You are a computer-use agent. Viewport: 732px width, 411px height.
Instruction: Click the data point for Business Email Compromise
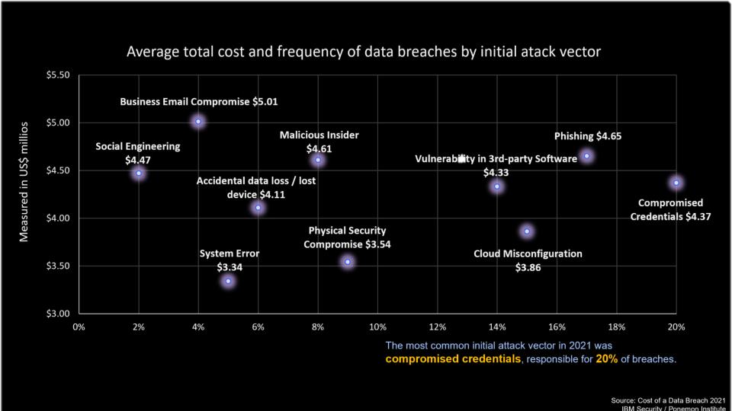198,122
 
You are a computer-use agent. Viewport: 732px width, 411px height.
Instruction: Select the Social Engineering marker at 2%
138,174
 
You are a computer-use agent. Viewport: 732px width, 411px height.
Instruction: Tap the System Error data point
228,282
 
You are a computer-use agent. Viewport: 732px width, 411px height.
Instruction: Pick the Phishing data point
586,156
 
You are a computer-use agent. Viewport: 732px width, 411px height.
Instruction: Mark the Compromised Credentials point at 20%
676,183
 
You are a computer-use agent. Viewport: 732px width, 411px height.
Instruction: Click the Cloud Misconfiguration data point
527,231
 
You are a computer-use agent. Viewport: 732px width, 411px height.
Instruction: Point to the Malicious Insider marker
318,160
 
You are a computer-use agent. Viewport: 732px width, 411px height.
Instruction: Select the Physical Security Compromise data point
348,262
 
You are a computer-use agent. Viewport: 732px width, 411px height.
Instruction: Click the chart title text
365,53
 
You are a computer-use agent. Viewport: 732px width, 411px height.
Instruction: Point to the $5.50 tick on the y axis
58,75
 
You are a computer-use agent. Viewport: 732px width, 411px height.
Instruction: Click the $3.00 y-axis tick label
58,314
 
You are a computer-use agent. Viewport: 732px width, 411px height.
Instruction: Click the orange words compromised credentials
453,358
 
